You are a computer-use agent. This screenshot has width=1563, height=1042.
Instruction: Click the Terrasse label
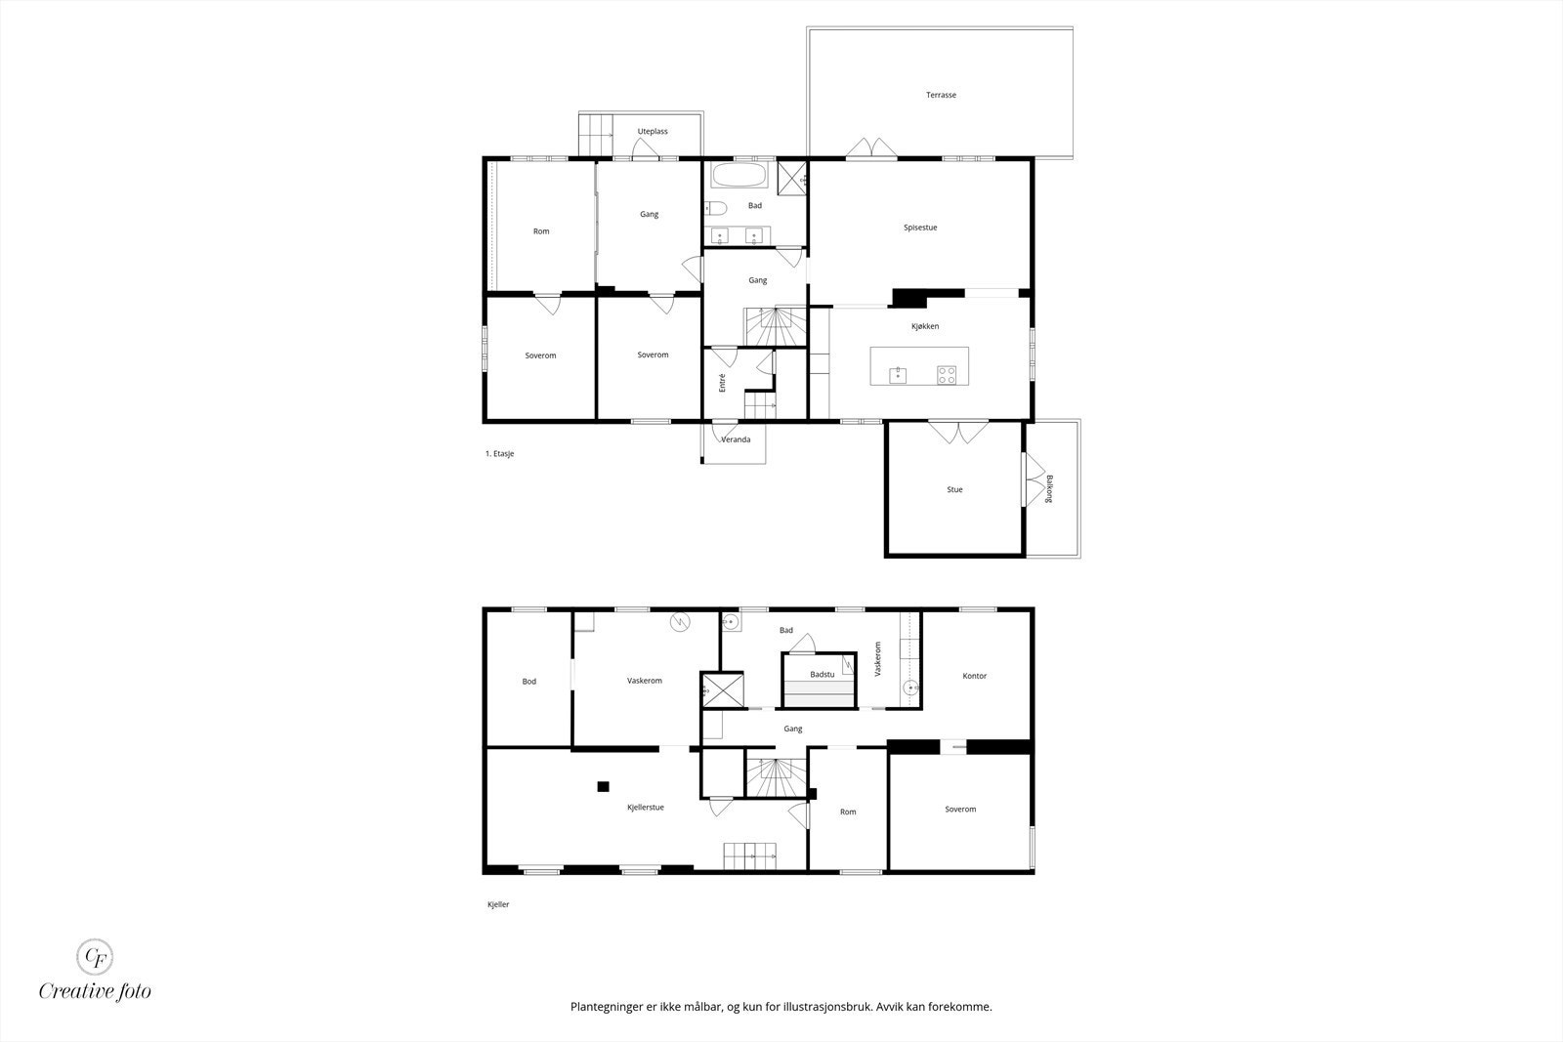coord(941,95)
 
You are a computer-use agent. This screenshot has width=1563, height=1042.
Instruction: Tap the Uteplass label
coord(653,131)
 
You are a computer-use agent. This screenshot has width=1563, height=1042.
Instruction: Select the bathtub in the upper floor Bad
coord(739,175)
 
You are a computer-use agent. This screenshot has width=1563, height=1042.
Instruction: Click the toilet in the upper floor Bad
coord(716,208)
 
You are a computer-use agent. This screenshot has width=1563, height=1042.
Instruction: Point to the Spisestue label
coord(920,228)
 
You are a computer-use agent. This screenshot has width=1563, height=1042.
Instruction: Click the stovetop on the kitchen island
coord(947,375)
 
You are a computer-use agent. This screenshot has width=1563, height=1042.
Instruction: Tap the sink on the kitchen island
coord(898,375)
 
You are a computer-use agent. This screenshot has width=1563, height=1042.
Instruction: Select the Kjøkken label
coord(925,326)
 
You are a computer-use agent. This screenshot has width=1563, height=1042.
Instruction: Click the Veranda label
coord(736,439)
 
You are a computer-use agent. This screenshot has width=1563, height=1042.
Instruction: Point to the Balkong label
coord(1049,489)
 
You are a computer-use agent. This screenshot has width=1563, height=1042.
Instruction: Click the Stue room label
coord(954,489)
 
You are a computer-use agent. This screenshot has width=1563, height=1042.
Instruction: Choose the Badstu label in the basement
coord(822,675)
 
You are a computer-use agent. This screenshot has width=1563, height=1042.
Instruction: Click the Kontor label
coord(974,676)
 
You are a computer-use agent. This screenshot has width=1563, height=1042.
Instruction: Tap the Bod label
coord(528,682)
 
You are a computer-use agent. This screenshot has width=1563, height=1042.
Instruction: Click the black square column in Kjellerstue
coord(603,787)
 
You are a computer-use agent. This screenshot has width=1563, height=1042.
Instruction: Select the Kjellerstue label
coord(646,807)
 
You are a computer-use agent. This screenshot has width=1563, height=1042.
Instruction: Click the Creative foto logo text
coord(95,991)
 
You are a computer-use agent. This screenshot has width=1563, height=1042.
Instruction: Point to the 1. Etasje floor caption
coord(499,453)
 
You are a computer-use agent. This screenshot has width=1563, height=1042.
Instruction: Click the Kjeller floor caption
coord(498,904)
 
